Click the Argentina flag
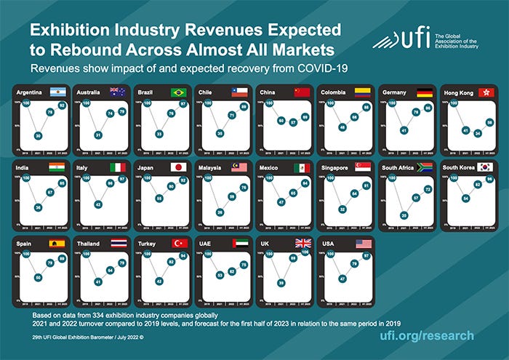tap(57, 92)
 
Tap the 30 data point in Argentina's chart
tap(37, 136)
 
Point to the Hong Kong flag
tap(485, 92)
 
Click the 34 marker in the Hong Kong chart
tap(477, 134)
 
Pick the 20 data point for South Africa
tap(403, 215)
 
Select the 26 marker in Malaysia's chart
tap(220, 212)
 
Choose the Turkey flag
tap(180, 244)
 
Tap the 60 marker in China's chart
tap(281, 120)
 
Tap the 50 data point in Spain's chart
tap(37, 277)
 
